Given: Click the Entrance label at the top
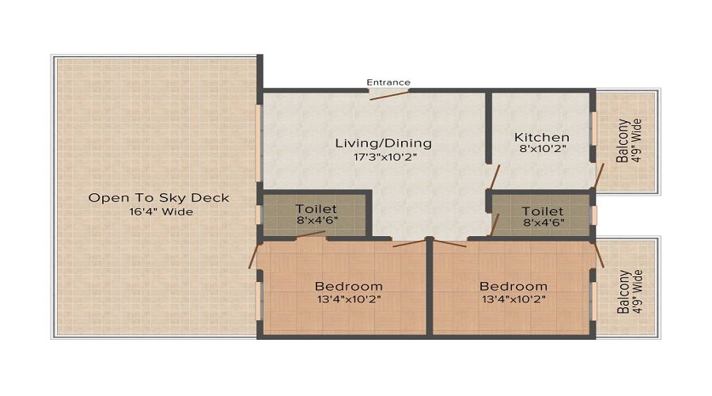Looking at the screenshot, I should tap(388, 82).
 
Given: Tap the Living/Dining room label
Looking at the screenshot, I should tap(384, 143).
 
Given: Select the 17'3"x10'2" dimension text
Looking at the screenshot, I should tap(384, 157).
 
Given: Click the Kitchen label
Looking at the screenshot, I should tap(542, 137).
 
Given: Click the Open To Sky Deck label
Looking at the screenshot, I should tap(159, 197).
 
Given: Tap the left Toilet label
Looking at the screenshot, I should tap(316, 209).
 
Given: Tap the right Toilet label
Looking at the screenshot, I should tap(543, 211).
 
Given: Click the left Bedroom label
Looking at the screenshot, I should tap(349, 286).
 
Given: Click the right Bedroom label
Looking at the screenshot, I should tap(513, 286).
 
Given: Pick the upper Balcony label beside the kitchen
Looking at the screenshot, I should tap(623, 141).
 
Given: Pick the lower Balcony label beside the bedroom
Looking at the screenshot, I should tap(623, 292).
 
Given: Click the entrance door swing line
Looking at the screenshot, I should tap(389, 95).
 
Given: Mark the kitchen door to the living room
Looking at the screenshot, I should tap(494, 176).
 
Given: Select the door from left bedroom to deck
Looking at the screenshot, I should tap(254, 256).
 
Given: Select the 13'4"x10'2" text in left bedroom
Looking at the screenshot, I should tap(349, 299).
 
